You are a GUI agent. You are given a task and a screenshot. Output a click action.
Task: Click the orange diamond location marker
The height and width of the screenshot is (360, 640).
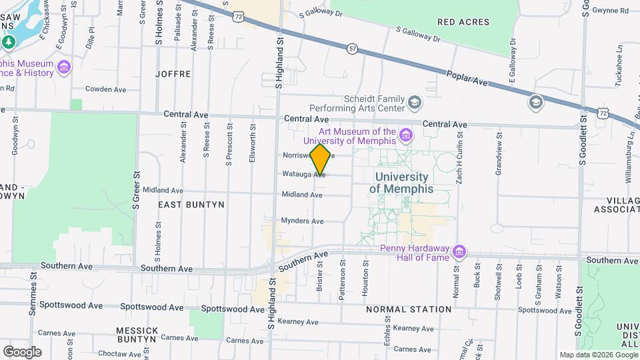pos(321,159)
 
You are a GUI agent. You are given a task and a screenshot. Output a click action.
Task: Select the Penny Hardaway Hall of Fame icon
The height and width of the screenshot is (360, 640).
pos(458,253)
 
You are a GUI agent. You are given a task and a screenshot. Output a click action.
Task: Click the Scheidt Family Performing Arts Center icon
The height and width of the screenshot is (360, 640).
pos(415,103)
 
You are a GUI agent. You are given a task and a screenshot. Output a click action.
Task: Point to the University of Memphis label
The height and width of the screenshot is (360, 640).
pos(401,183)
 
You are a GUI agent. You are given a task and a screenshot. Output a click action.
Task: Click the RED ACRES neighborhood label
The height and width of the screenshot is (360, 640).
pos(463,22)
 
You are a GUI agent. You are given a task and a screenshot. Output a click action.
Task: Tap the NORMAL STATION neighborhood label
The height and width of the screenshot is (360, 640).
pos(409,310)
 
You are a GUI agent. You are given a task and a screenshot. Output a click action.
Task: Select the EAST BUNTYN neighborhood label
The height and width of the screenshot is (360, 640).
pos(191,205)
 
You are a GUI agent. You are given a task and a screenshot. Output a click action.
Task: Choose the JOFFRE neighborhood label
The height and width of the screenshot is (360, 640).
pos(173,74)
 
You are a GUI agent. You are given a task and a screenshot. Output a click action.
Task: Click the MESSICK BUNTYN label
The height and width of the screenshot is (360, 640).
pos(137,335)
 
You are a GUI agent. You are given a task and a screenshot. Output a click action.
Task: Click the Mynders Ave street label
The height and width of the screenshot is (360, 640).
pos(302,221)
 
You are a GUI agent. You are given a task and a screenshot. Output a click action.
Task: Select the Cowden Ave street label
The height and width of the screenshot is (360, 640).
pos(105,89)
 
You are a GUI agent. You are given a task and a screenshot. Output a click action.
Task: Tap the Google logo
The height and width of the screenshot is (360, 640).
pos(22,351)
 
